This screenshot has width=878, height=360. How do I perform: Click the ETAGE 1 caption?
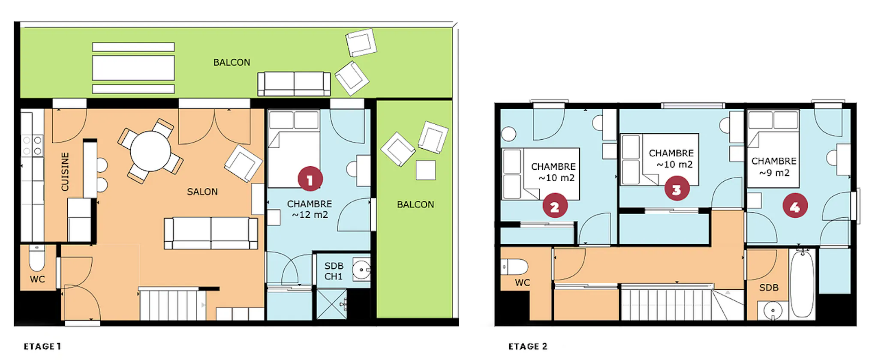coord(42,346)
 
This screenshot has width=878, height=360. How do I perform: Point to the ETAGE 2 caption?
coord(528,346)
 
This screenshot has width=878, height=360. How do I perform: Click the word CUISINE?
coord(65,172)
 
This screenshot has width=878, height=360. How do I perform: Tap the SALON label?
coord(202,192)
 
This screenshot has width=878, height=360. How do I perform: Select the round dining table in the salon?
coord(150,151)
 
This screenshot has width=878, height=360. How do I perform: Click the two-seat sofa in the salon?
coord(211,233)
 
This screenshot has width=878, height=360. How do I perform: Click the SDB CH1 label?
coord(334,271)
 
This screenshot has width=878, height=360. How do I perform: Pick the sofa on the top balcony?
coord(294,84)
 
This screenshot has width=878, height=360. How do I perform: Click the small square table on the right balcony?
coord(426,170)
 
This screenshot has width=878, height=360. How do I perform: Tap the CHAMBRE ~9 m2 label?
coord(774,167)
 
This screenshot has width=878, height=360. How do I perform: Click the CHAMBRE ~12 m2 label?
coord(310,209)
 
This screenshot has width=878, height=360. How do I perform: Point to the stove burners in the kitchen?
coord(33,145)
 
